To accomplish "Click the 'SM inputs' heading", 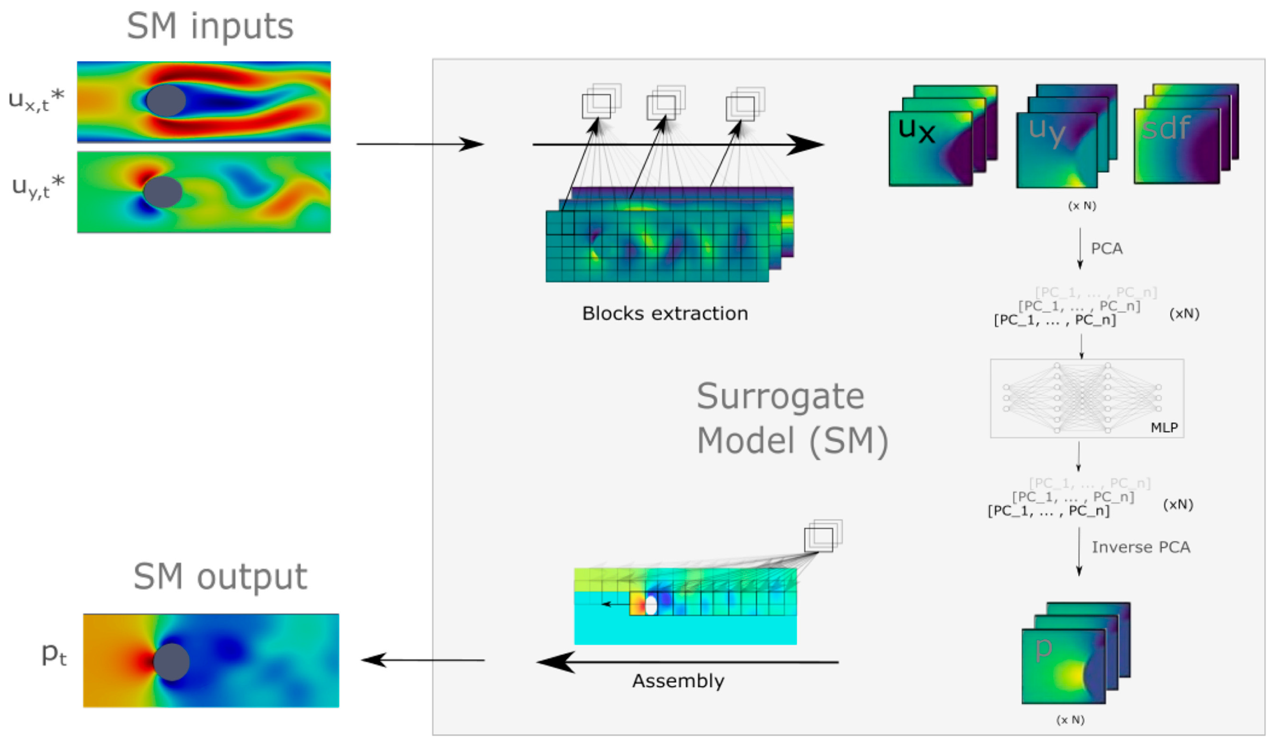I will point(210,26).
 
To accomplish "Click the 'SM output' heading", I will point(220,577).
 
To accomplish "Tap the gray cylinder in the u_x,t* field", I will point(166,101).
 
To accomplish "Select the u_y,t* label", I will point(38,187).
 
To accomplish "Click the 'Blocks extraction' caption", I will point(665,314).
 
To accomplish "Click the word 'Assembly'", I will point(678,681).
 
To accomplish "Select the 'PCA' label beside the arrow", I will point(1106,249).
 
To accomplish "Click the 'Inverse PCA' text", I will point(1141,548).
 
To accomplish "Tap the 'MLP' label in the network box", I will point(1164,428).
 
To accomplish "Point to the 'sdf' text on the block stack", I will point(1165,129).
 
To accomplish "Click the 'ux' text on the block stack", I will point(916,131).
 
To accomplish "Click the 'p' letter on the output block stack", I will point(1043,650).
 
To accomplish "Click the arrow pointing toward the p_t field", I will point(423,660).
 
